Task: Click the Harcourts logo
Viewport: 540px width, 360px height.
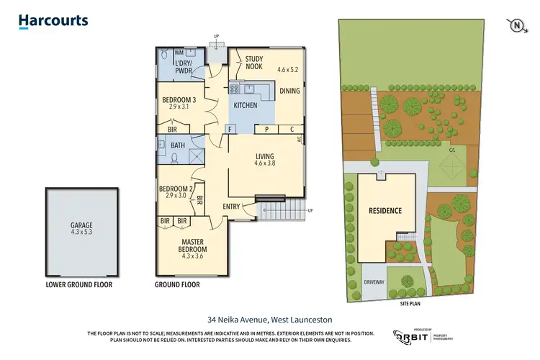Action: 53,22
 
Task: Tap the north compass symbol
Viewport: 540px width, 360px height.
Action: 516,25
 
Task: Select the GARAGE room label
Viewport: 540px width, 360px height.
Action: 81,225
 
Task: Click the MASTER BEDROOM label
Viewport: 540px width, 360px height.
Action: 194,246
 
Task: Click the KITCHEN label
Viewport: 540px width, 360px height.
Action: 246,105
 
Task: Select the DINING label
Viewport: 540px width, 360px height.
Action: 289,91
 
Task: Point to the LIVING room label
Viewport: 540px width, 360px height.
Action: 265,156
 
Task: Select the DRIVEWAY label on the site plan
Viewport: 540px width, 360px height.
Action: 374,282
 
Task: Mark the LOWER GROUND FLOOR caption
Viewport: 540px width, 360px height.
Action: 78,284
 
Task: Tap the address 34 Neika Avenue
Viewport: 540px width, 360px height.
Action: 270,319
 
